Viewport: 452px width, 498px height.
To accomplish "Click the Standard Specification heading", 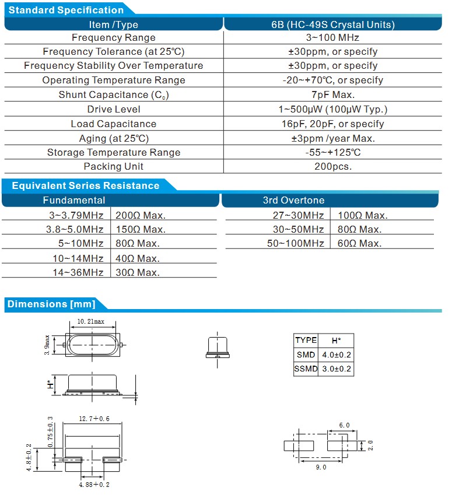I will click(66, 10).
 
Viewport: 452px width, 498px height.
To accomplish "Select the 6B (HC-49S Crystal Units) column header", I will click(333, 24).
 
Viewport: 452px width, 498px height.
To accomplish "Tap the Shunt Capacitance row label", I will click(114, 94).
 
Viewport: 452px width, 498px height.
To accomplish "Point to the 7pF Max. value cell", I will click(333, 94).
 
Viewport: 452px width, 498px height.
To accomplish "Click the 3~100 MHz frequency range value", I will click(333, 37).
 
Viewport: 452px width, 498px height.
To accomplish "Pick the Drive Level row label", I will click(114, 109).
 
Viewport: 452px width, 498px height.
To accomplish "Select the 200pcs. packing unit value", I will click(333, 166).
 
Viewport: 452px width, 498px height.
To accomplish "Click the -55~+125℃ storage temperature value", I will click(333, 152).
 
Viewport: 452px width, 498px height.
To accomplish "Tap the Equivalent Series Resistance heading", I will click(85, 185).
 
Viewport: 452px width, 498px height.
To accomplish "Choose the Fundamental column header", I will click(74, 200).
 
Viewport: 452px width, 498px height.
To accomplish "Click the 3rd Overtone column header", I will click(293, 200).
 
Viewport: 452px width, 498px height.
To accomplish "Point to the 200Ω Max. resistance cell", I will click(141, 215).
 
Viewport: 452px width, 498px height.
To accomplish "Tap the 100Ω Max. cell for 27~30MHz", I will click(362, 215).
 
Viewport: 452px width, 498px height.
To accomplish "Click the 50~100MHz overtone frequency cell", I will click(295, 244).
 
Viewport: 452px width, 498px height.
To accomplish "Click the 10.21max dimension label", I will click(91, 322).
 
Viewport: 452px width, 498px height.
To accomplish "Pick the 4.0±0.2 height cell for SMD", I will click(336, 355).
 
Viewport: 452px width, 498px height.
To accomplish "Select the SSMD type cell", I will click(306, 369).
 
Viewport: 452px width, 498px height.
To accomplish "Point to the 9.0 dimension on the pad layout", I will click(321, 467).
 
